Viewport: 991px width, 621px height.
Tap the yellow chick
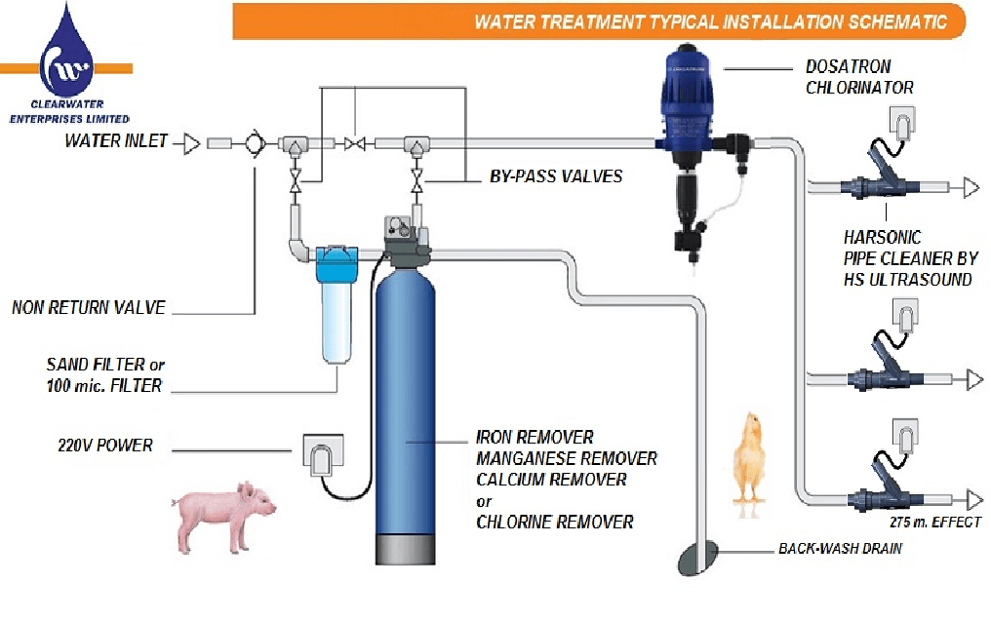750,457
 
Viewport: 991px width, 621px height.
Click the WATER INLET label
116,141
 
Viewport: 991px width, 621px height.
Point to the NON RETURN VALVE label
89,308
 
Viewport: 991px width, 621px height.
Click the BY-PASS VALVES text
555,177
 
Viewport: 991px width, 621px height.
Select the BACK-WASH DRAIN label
840,548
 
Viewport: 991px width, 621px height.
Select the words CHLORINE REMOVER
554,523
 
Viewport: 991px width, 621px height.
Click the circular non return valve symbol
255,144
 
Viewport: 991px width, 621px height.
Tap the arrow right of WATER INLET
191,143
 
